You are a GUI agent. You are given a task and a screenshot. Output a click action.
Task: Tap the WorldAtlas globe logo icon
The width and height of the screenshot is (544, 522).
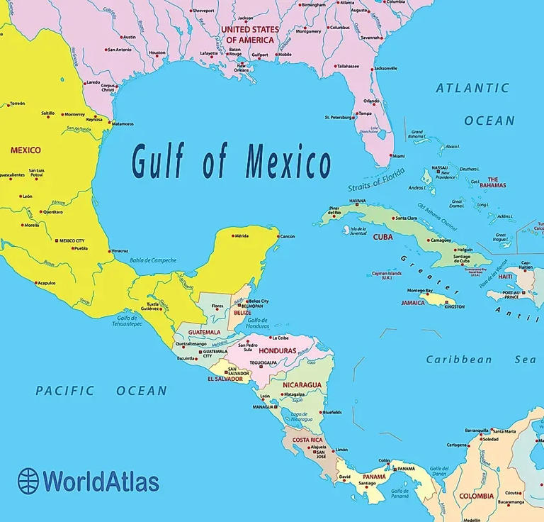pos(28,479)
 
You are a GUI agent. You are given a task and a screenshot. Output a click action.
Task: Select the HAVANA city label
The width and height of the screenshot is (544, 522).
pos(357,201)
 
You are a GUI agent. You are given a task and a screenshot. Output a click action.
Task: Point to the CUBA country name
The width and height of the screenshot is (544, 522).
pos(382,237)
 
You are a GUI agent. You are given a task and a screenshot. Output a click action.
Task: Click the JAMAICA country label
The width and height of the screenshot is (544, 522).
pos(413,303)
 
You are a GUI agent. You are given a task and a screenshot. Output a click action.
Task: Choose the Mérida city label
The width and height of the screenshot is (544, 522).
pos(242,235)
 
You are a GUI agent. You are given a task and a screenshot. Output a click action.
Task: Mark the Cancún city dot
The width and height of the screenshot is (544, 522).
pos(277,236)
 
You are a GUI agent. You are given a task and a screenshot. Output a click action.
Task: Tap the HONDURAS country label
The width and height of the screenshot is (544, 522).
pos(277,351)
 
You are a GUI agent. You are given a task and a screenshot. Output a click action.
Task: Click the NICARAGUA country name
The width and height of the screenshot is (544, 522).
pos(302,385)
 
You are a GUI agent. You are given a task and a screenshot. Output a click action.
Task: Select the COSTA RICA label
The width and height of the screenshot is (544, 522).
pos(307,440)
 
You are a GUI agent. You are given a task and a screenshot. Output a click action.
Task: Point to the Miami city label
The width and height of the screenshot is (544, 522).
pos(398,156)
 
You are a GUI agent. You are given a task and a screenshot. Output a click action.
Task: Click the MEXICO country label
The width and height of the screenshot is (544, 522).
pos(25,150)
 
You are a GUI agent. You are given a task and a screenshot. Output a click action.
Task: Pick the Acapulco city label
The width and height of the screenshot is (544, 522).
pos(47,282)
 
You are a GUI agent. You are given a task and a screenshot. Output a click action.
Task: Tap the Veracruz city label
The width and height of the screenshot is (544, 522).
pos(120,251)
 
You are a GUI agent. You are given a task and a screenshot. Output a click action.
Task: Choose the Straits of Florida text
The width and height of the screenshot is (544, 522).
pos(375,178)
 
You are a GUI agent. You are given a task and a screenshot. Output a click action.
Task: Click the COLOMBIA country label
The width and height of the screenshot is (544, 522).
pos(476,496)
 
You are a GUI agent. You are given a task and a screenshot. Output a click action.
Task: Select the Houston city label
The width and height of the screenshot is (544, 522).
pos(157,52)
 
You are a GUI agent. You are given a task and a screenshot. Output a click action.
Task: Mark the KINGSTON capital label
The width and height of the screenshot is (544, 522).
pos(455,306)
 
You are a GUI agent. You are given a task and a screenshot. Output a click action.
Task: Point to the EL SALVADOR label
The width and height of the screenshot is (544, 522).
pos(226,379)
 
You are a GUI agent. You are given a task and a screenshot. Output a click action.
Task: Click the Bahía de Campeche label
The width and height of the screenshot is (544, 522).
pos(152,260)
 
